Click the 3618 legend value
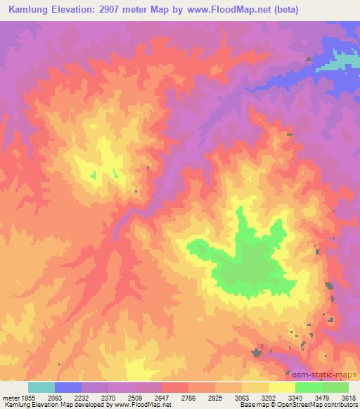click(349, 397)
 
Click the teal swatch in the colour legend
click(41, 387)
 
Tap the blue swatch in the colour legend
click(68, 387)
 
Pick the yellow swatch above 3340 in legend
click(282, 387)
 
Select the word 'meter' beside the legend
click(11, 397)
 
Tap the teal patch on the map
click(345, 63)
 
